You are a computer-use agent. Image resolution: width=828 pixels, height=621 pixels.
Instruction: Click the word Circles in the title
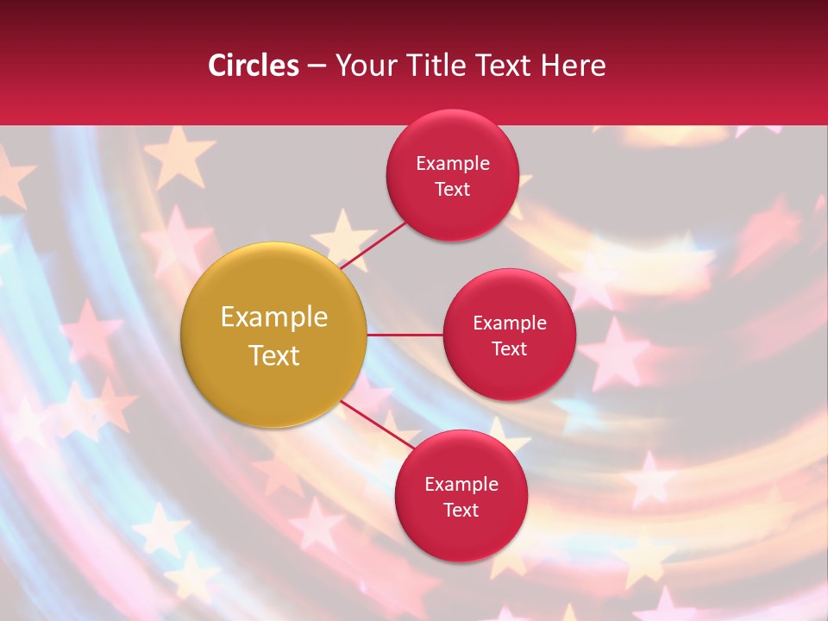pos(254,66)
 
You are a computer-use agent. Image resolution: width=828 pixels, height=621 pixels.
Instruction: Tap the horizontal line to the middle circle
pos(405,335)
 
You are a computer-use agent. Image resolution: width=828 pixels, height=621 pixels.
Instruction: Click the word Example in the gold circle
pos(273,317)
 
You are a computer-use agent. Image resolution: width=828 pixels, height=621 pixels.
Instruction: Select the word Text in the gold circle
pos(273,355)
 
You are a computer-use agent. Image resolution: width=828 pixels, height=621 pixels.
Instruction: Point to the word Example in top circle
pos(452,163)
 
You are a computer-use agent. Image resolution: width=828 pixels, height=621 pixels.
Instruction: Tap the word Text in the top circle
pos(452,189)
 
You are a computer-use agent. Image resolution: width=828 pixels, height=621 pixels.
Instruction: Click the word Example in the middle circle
pos(509,323)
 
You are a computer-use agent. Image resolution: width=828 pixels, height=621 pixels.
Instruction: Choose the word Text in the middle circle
pos(509,348)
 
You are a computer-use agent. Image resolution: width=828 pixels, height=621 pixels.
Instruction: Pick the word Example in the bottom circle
pos(461,484)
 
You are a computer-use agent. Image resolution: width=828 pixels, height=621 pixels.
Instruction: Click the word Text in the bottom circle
pos(461,510)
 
